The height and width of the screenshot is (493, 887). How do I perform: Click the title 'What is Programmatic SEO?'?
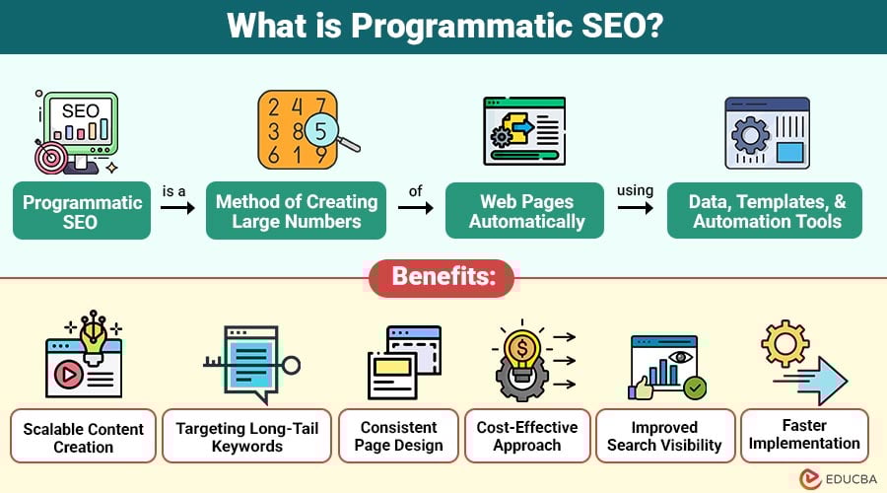tap(443, 26)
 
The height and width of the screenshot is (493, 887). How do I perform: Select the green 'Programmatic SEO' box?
tap(82, 211)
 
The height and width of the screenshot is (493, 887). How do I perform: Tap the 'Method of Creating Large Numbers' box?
tap(297, 211)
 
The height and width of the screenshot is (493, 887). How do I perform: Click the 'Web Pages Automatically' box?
tap(526, 211)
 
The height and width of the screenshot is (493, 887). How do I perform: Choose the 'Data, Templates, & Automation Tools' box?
tap(764, 211)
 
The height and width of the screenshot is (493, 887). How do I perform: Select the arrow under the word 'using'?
tap(635, 209)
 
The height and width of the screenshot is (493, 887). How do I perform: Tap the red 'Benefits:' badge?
tap(442, 278)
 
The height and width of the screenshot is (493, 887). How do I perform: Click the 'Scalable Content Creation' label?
tap(84, 437)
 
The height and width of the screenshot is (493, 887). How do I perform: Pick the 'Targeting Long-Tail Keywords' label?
tap(246, 437)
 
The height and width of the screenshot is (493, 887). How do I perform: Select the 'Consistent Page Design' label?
tap(398, 437)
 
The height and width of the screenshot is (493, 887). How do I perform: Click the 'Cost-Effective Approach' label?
tap(527, 437)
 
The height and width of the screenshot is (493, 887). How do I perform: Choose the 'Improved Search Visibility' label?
tap(665, 437)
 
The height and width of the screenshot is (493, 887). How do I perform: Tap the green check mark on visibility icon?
tap(695, 387)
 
